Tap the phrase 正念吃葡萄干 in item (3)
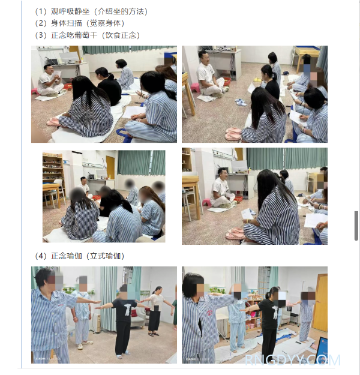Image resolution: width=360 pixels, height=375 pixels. coord(74,35)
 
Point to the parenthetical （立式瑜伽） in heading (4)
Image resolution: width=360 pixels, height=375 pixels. coord(105,256)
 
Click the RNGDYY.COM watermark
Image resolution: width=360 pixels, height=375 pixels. coord(293,360)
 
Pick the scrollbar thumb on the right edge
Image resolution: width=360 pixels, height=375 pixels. coord(356,226)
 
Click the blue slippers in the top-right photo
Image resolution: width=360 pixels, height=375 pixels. coord(241,102)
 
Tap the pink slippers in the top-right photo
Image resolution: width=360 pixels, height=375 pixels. coord(233,133)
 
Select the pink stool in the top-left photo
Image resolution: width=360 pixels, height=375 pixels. coord(35,91)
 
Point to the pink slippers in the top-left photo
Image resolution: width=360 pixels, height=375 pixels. coord(53,122)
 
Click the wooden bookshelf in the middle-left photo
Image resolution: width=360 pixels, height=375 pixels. coord(53,169)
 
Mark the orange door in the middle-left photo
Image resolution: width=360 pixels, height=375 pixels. coord(110,168)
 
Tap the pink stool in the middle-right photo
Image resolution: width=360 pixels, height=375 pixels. coord(206,202)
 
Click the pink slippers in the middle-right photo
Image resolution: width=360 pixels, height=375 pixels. coord(235,233)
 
